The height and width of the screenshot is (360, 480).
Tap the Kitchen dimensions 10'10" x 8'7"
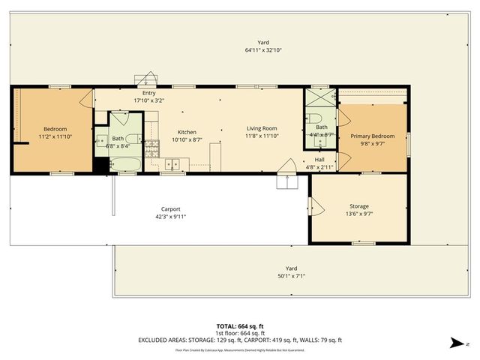pyautogui.click(x=187, y=139)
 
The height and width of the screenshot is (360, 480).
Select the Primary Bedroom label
pyautogui.click(x=372, y=135)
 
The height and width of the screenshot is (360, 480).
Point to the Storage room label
pyautogui.click(x=358, y=205)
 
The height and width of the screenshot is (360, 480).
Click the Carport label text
pyautogui.click(x=171, y=209)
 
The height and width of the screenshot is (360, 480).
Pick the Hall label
pyautogui.click(x=319, y=159)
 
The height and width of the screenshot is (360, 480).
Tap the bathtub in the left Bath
pyautogui.click(x=124, y=163)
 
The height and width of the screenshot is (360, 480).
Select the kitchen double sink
pyautogui.click(x=173, y=163)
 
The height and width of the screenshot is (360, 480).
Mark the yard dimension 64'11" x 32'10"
pyautogui.click(x=262, y=50)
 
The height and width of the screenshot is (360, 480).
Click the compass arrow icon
pyautogui.click(x=455, y=343)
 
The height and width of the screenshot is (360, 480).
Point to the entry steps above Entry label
pyautogui.click(x=145, y=80)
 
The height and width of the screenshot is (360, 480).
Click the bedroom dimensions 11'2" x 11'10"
pyautogui.click(x=54, y=136)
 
